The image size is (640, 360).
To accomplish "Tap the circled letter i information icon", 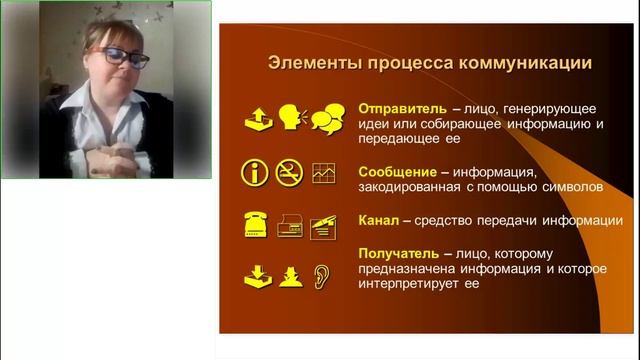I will coord(256,172).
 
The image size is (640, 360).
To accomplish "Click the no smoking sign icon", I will coord(290,172).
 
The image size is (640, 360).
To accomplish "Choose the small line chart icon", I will coord(323,173).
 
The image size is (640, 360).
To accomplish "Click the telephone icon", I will coord(257,224).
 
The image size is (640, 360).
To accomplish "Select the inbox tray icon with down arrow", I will coord(257,275).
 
